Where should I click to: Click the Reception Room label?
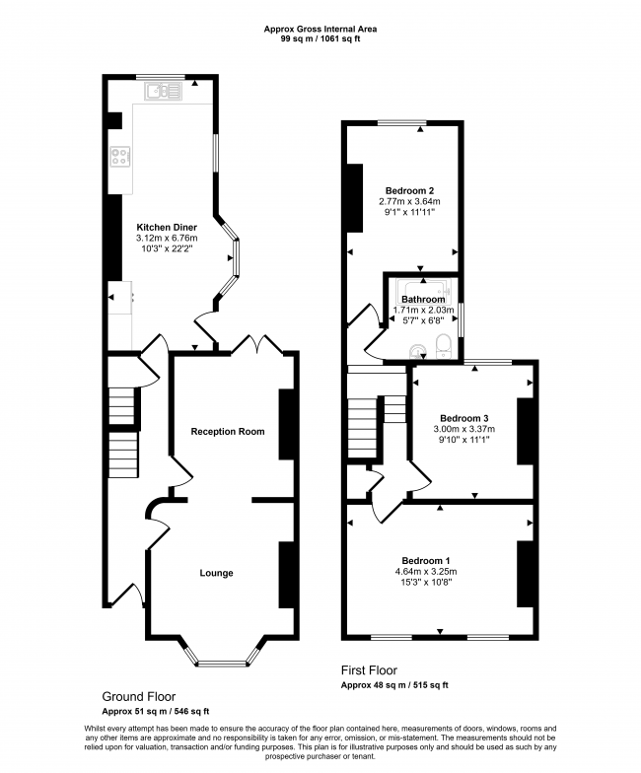[x=228, y=431]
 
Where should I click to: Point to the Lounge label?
[x=216, y=572]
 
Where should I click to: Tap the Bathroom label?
[x=422, y=299]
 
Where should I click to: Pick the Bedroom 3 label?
[x=463, y=416]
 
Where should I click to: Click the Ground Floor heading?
[x=139, y=695]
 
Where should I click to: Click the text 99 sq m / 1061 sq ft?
[x=320, y=40]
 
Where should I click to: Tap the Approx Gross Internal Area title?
[x=320, y=29]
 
